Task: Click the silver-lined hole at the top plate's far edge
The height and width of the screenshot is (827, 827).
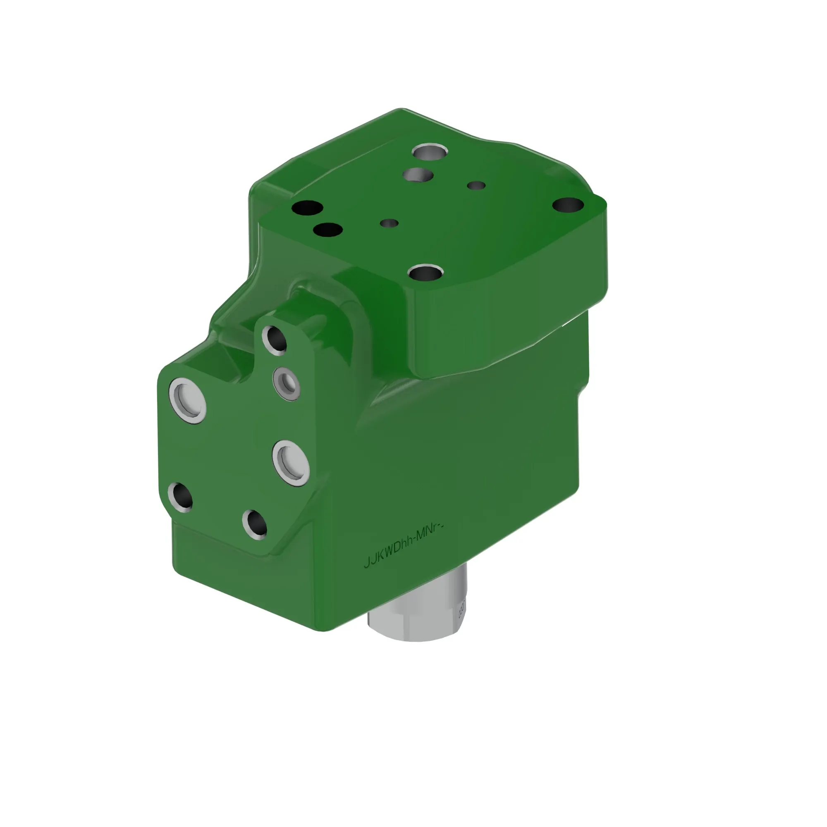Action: pyautogui.click(x=430, y=151)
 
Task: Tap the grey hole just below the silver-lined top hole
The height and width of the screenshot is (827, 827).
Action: pyautogui.click(x=418, y=174)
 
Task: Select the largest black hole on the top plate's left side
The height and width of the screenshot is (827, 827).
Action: pyautogui.click(x=307, y=208)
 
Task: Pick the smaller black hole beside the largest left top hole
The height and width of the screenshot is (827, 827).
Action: pyautogui.click(x=327, y=230)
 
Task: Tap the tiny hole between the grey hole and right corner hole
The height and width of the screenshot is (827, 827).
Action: pyautogui.click(x=476, y=186)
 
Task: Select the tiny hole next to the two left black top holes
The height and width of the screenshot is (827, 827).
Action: pyautogui.click(x=389, y=223)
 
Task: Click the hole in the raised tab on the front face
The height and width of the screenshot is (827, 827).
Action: pyautogui.click(x=275, y=339)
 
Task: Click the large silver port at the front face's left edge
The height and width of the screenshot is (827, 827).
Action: pyautogui.click(x=188, y=400)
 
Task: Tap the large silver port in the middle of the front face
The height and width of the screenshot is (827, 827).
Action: pyautogui.click(x=292, y=463)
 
